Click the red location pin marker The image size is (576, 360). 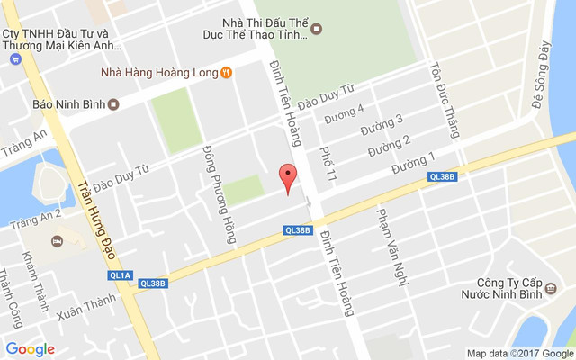coord(287,179)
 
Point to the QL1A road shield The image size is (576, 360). coord(119,275)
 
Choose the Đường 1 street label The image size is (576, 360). coord(412,164)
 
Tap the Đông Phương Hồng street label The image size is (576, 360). coord(219,194)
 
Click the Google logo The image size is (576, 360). coord(31,349)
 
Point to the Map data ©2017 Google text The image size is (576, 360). coord(517,353)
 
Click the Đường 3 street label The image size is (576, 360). coord(382,125)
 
